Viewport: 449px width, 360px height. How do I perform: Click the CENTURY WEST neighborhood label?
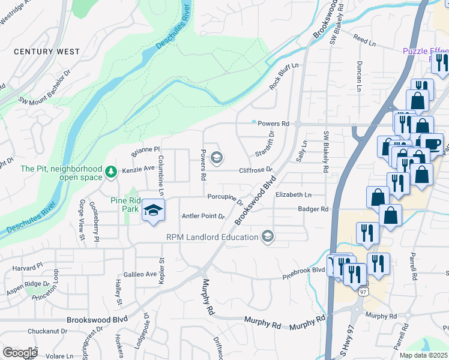click(46, 52)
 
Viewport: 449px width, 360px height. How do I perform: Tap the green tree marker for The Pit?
click(110, 173)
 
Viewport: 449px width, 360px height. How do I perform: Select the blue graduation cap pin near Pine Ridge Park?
click(154, 211)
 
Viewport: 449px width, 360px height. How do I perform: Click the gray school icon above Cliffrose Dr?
click(217, 157)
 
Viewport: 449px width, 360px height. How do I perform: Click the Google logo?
click(20, 353)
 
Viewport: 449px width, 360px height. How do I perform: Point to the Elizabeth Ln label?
click(294, 195)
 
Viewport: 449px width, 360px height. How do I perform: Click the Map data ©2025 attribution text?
click(423, 355)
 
